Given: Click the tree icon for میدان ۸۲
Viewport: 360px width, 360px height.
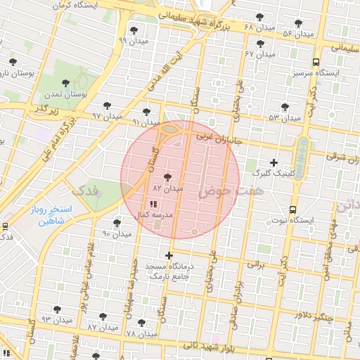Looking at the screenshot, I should (x=167, y=177).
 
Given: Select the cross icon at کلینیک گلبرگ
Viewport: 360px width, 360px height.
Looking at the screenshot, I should (x=274, y=162).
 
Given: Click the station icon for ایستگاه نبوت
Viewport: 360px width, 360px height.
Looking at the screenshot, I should (x=293, y=209).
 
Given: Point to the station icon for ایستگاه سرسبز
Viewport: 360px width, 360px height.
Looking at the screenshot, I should (x=316, y=62).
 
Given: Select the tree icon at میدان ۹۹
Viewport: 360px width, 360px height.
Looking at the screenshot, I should (x=134, y=30).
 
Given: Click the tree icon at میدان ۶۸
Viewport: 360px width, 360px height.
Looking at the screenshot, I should (x=259, y=16).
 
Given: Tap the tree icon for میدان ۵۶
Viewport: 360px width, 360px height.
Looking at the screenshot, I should (x=299, y=23).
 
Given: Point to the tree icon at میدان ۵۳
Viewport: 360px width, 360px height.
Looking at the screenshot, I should (x=284, y=107).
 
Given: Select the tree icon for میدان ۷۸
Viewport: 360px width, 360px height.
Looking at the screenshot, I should (x=142, y=323).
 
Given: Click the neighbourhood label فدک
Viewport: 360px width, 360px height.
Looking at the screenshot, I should (x=85, y=189).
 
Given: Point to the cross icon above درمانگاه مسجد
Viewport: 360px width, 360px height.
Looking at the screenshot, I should (x=169, y=255).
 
